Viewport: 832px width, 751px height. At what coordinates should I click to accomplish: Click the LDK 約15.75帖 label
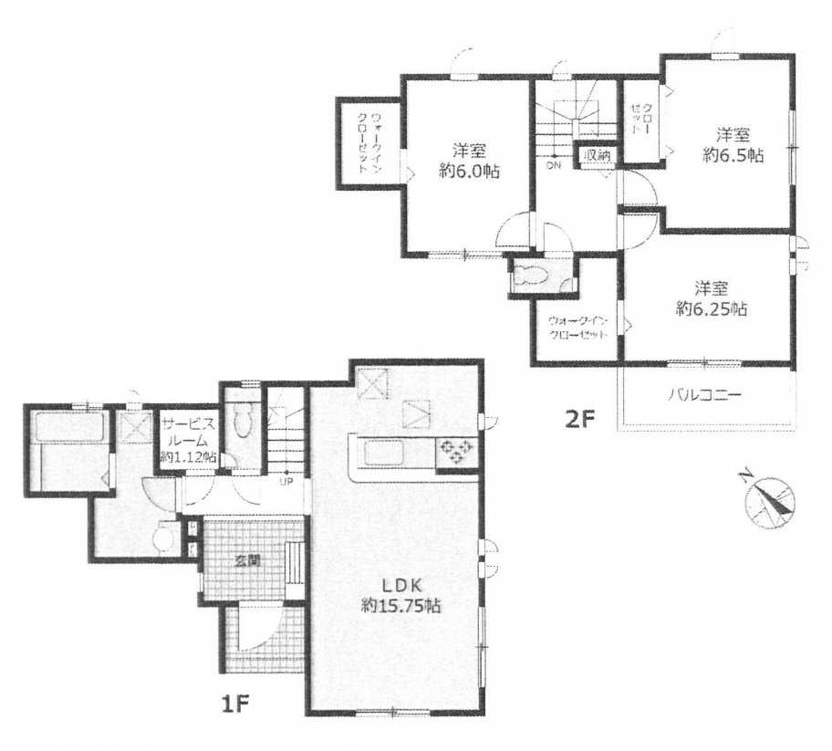tap(400, 596)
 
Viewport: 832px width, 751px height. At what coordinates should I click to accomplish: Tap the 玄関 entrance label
tap(248, 561)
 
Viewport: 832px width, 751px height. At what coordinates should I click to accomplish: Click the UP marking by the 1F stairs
tap(287, 482)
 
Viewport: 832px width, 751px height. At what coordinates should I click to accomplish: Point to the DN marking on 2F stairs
tap(555, 164)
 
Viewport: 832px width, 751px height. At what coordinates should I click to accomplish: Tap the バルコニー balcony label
tap(704, 395)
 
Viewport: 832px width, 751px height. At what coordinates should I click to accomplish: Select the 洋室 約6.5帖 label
tap(733, 145)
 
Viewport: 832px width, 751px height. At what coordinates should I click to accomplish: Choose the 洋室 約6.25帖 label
tap(712, 298)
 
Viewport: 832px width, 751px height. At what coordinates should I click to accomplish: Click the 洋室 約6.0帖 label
tap(470, 161)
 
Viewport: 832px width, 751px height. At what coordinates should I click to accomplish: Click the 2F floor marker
tap(579, 419)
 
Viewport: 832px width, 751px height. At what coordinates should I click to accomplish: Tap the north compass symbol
tap(769, 501)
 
